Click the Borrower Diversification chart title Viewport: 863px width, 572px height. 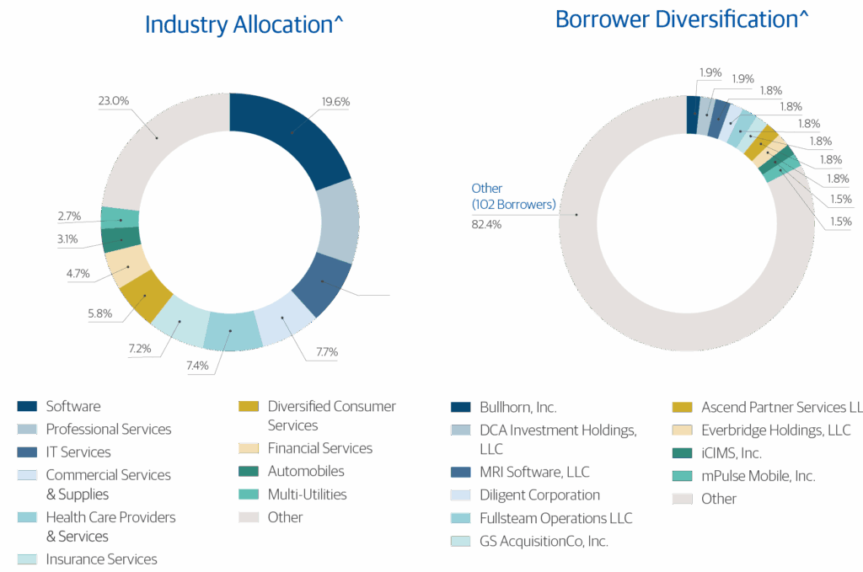pyautogui.click(x=682, y=19)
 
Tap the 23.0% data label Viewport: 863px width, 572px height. pyautogui.click(x=113, y=101)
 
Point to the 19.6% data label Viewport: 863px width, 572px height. pyautogui.click(x=335, y=102)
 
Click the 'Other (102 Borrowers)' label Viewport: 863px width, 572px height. pyautogui.click(x=513, y=195)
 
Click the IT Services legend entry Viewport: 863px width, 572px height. pyautogui.click(x=78, y=452)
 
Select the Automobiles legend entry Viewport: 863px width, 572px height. pyautogui.click(x=305, y=471)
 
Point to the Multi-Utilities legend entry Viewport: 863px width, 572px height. pyautogui.click(x=307, y=494)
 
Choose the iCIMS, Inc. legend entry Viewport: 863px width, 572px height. pyautogui.click(x=731, y=452)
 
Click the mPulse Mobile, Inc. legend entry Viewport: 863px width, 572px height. pyautogui.click(x=758, y=476)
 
